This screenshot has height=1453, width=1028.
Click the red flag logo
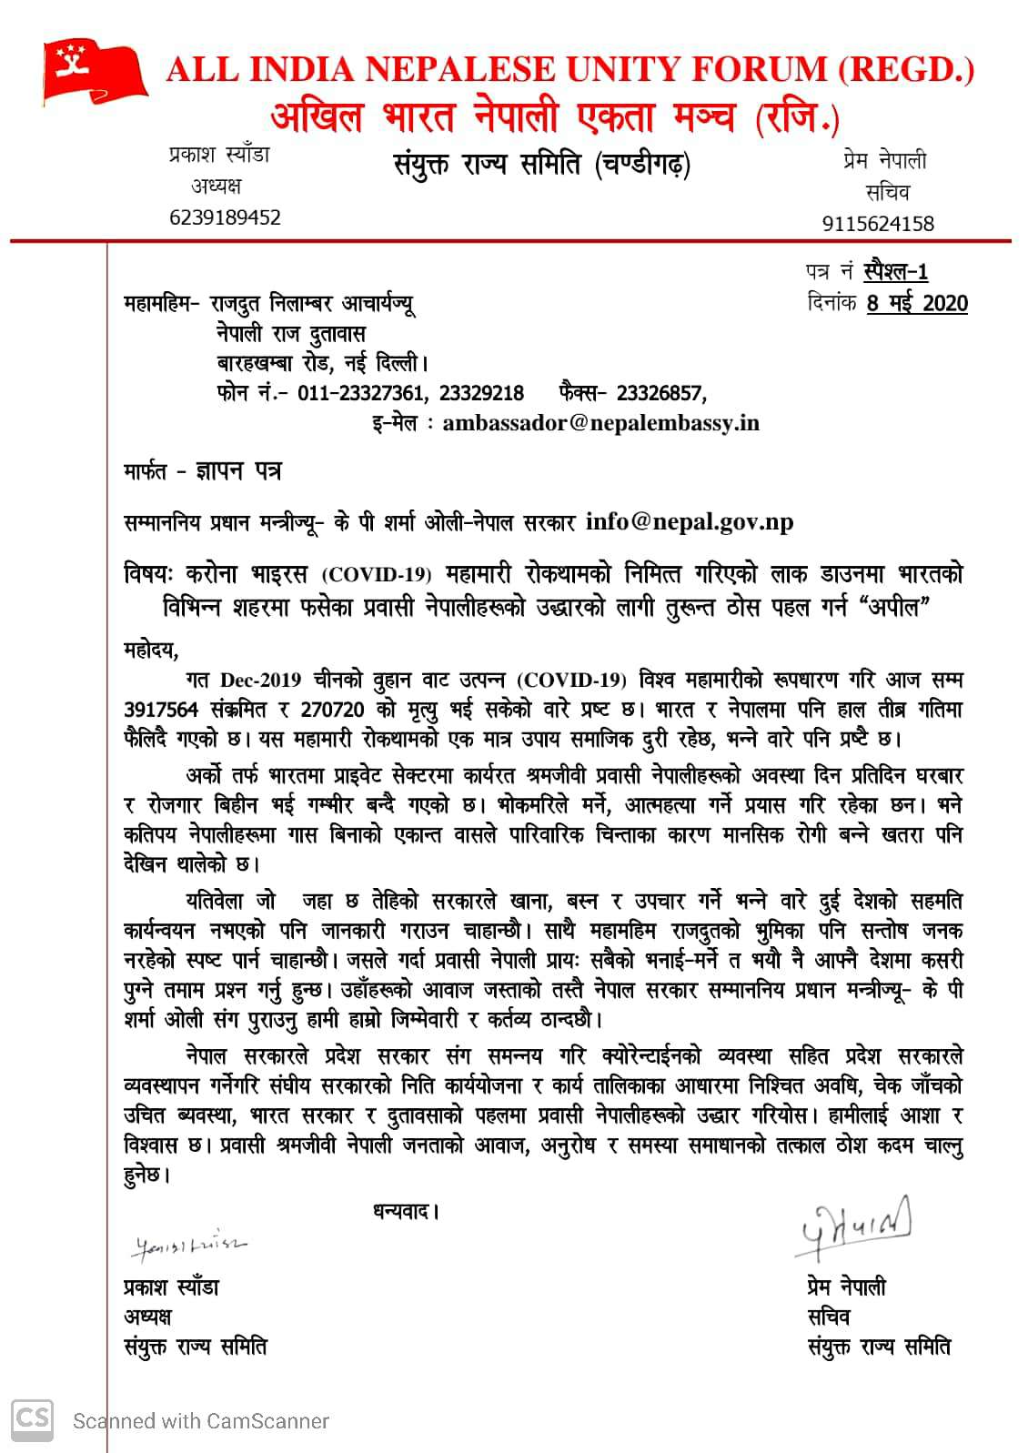click(94, 70)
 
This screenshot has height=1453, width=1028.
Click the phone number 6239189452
click(225, 217)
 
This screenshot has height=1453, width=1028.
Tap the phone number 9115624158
click(878, 223)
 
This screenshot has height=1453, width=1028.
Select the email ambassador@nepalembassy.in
click(600, 423)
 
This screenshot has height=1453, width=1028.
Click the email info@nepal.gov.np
click(690, 521)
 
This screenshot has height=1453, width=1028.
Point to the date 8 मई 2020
click(917, 303)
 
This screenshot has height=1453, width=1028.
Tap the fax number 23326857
click(660, 393)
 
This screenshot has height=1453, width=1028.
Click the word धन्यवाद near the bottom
click(406, 1211)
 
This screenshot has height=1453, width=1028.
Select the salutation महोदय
click(151, 650)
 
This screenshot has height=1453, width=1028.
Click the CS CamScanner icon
click(32, 1418)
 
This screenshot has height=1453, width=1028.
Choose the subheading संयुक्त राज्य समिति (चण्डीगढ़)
click(542, 166)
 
